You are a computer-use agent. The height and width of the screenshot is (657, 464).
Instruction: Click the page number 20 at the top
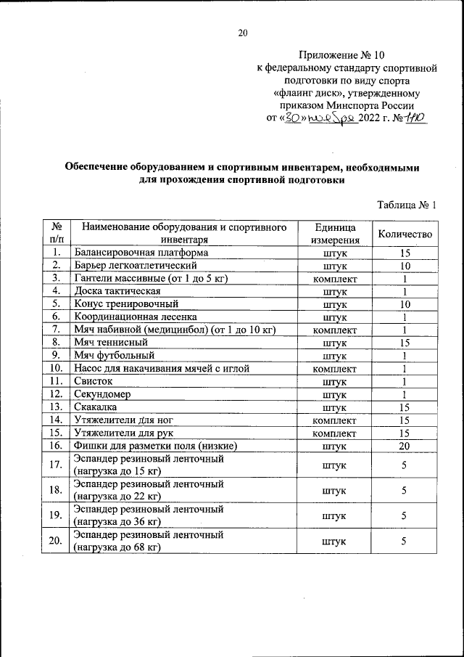click(243, 33)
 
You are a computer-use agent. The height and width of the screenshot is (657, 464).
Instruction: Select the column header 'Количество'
click(405, 233)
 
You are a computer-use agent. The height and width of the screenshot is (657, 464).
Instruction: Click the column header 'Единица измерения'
click(335, 233)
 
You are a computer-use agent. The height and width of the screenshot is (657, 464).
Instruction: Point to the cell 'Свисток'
click(93, 381)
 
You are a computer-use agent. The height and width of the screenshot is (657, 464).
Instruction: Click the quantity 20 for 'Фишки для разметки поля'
click(405, 445)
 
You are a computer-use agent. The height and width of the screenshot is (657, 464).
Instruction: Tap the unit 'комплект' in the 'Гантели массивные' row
click(335, 279)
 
